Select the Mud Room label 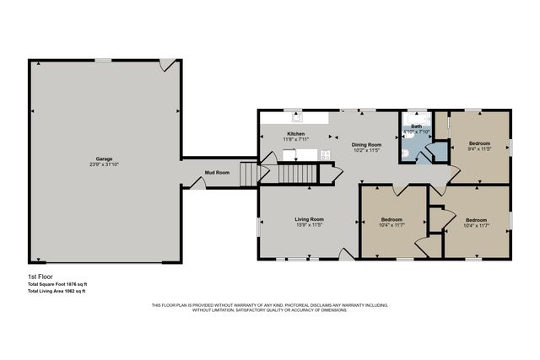(x=217, y=173)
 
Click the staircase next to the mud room (x=247, y=175)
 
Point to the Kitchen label (x=295, y=134)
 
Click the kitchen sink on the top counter (x=297, y=118)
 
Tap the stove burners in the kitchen (x=325, y=154)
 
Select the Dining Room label (x=366, y=145)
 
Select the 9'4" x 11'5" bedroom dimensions (x=479, y=149)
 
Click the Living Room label (x=309, y=219)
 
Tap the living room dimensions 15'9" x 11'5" (x=309, y=225)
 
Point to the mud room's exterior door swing (x=196, y=182)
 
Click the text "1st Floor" (x=39, y=277)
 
